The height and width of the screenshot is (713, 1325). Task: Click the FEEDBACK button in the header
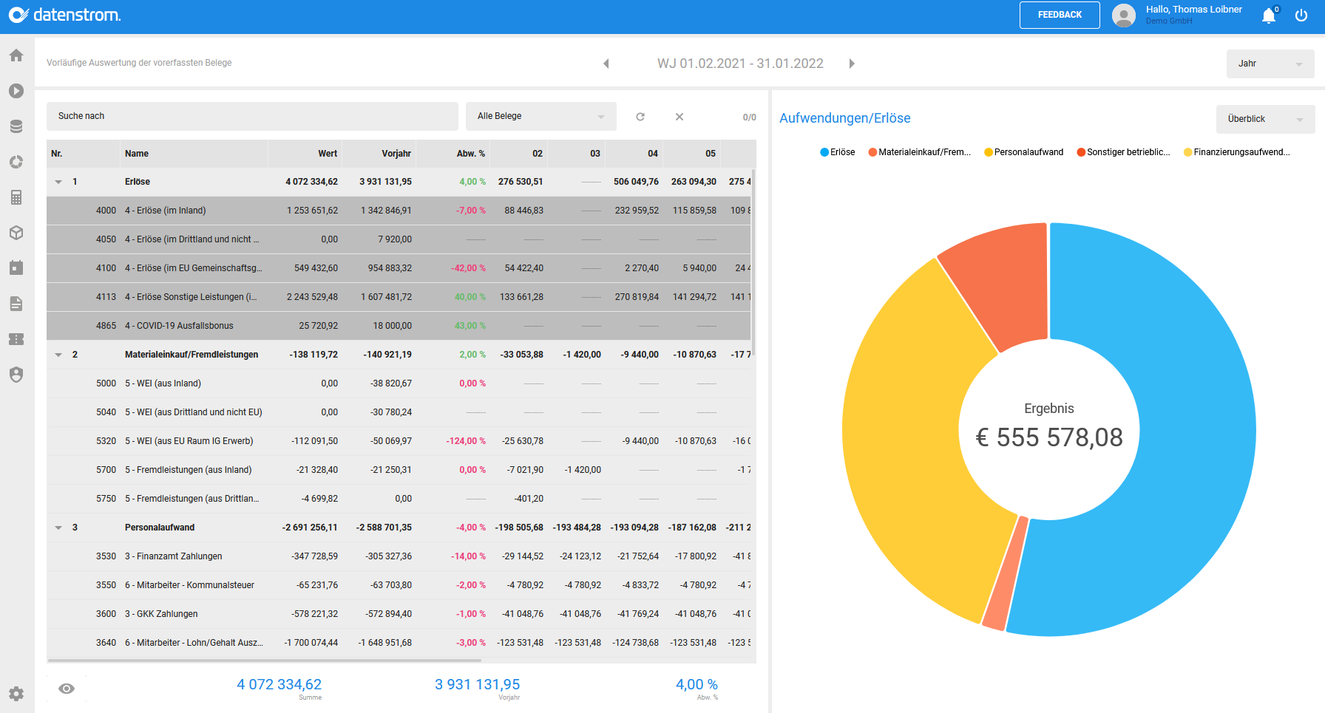tap(1059, 15)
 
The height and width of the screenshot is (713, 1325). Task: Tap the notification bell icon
tap(1269, 16)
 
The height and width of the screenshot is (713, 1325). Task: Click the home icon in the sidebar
tap(16, 55)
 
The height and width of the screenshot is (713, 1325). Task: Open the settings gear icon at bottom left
tap(16, 694)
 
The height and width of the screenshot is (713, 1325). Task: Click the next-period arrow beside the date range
tap(852, 64)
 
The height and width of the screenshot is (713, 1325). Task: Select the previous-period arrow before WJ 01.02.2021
tap(606, 64)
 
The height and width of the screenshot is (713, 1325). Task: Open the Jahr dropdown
tap(1270, 64)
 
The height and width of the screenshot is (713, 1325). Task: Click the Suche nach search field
tap(251, 116)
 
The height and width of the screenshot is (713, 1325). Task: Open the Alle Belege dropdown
tap(540, 116)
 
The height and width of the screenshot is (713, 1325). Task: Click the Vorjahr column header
tap(396, 154)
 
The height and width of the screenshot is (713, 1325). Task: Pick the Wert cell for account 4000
tap(313, 211)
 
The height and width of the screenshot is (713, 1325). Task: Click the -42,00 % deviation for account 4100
tap(468, 268)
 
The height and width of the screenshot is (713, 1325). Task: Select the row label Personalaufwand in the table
tap(160, 528)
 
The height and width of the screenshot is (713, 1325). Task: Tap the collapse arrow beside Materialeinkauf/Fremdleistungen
tap(58, 355)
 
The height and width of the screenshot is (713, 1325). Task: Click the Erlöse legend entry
tap(838, 152)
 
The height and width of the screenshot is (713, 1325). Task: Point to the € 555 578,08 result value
tap(1049, 437)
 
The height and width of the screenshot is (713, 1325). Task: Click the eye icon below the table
tap(67, 689)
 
